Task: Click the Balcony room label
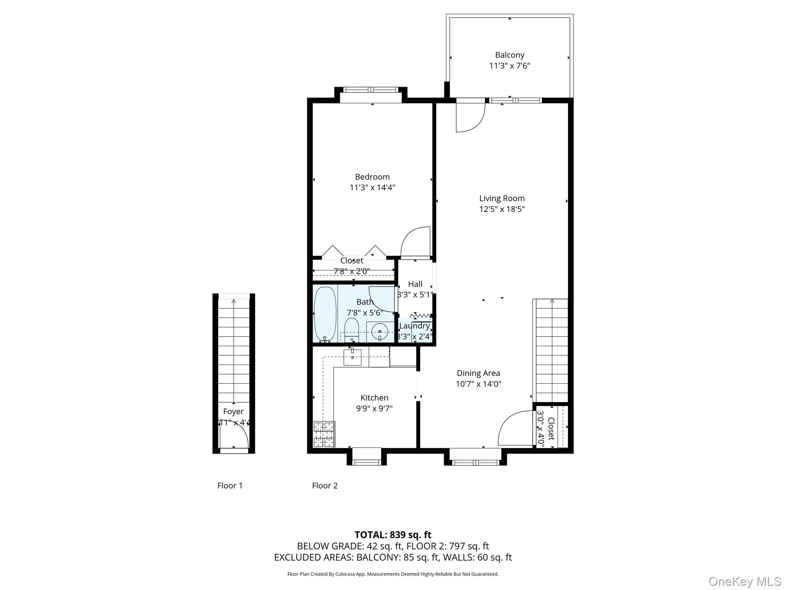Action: click(509, 55)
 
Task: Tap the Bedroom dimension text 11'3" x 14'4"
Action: click(372, 187)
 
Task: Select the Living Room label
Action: click(502, 198)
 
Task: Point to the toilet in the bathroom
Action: click(351, 330)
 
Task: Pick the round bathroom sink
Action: click(380, 331)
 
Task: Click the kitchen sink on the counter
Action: click(352, 357)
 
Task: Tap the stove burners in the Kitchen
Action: click(324, 434)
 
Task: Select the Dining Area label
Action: click(478, 373)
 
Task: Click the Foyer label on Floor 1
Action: click(233, 411)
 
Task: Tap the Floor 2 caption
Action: click(325, 486)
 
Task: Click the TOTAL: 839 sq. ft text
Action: click(393, 535)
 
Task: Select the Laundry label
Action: click(414, 326)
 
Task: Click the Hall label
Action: click(415, 284)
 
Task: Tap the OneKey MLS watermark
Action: click(745, 581)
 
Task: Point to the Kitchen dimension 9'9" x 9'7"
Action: click(374, 408)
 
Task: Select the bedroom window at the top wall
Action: click(371, 90)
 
